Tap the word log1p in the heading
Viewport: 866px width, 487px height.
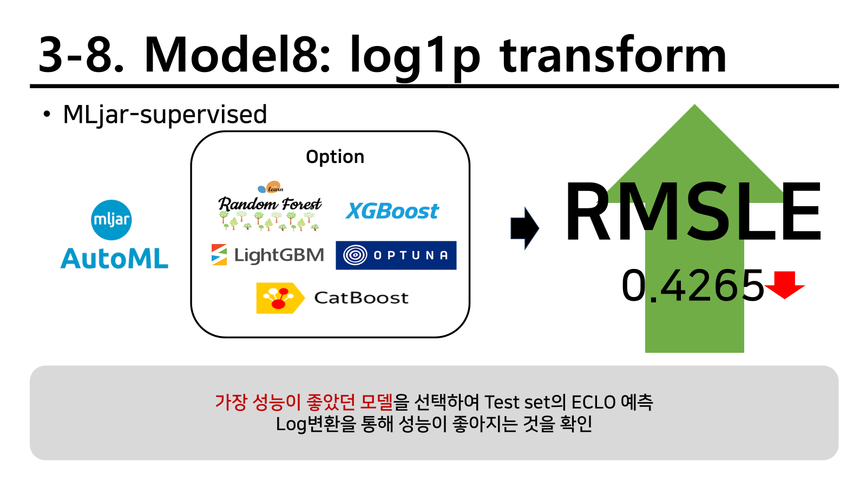pyautogui.click(x=415, y=58)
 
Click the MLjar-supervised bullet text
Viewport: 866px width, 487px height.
pyautogui.click(x=165, y=115)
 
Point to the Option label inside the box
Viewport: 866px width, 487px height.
pyautogui.click(x=335, y=157)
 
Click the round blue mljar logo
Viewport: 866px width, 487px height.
pyautogui.click(x=111, y=220)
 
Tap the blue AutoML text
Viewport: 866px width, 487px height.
pyautogui.click(x=114, y=259)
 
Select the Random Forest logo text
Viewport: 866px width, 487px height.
pyautogui.click(x=270, y=204)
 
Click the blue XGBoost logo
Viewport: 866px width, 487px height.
pyautogui.click(x=392, y=211)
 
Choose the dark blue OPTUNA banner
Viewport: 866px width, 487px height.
pyautogui.click(x=396, y=255)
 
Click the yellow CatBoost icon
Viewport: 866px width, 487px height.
pyautogui.click(x=280, y=298)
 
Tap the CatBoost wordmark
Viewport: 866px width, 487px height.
pyautogui.click(x=361, y=298)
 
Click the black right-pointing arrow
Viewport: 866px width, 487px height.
pyautogui.click(x=524, y=228)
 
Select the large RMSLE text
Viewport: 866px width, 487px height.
pyautogui.click(x=692, y=212)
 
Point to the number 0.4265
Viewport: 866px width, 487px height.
pyautogui.click(x=692, y=286)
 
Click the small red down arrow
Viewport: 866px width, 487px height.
pyautogui.click(x=784, y=285)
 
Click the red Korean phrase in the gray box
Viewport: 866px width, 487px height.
pyautogui.click(x=304, y=402)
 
